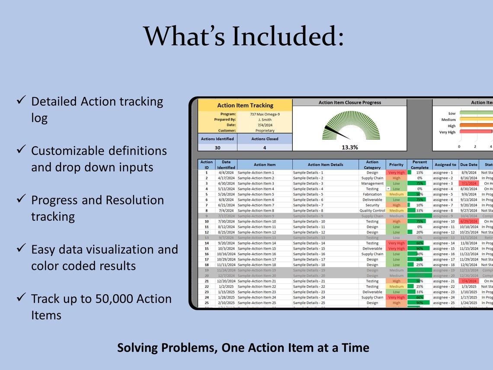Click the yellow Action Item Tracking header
[x=245, y=105]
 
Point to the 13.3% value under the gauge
[x=349, y=147]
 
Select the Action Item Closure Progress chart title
[x=349, y=103]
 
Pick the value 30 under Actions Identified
[x=218, y=147]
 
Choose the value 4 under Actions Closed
[x=265, y=147]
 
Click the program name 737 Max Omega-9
[x=265, y=114]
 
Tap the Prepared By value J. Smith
[x=265, y=119]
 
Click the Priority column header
[x=396, y=164]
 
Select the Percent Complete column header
[x=419, y=164]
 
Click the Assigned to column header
[x=445, y=164]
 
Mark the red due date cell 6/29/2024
[x=469, y=221]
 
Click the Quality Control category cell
[x=372, y=211]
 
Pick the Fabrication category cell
[x=372, y=194]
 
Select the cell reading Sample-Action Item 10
[x=257, y=221]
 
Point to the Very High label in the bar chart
[x=447, y=132]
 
